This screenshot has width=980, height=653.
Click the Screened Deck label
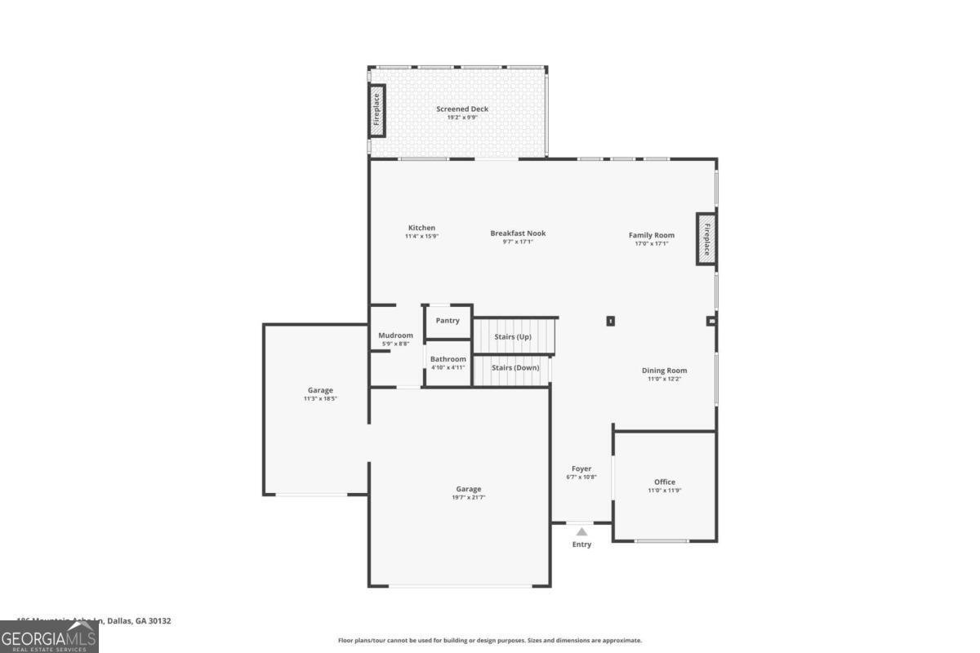(x=462, y=109)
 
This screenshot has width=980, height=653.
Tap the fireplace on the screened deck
(x=377, y=110)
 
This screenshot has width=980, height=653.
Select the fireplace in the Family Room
(x=706, y=238)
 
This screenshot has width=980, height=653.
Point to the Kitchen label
(x=421, y=228)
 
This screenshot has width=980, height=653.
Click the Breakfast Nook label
(x=518, y=233)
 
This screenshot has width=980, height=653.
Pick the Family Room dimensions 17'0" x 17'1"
(x=652, y=243)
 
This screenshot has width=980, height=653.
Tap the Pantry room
(x=448, y=321)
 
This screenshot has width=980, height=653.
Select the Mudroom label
(x=395, y=335)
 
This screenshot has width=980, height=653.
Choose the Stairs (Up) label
(x=513, y=336)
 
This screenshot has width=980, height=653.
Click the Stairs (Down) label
(x=515, y=367)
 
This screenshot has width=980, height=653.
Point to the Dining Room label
(x=664, y=371)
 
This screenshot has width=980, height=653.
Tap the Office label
(x=665, y=482)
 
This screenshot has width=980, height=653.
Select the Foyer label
(x=581, y=469)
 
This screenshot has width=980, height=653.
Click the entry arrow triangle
(x=581, y=531)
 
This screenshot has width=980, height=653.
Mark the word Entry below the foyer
(x=581, y=544)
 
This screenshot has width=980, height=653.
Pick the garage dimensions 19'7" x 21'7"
(x=469, y=497)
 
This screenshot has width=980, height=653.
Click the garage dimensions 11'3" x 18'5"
(x=320, y=398)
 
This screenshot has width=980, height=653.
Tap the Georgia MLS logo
(x=49, y=637)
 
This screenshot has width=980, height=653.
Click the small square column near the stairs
(x=610, y=321)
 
